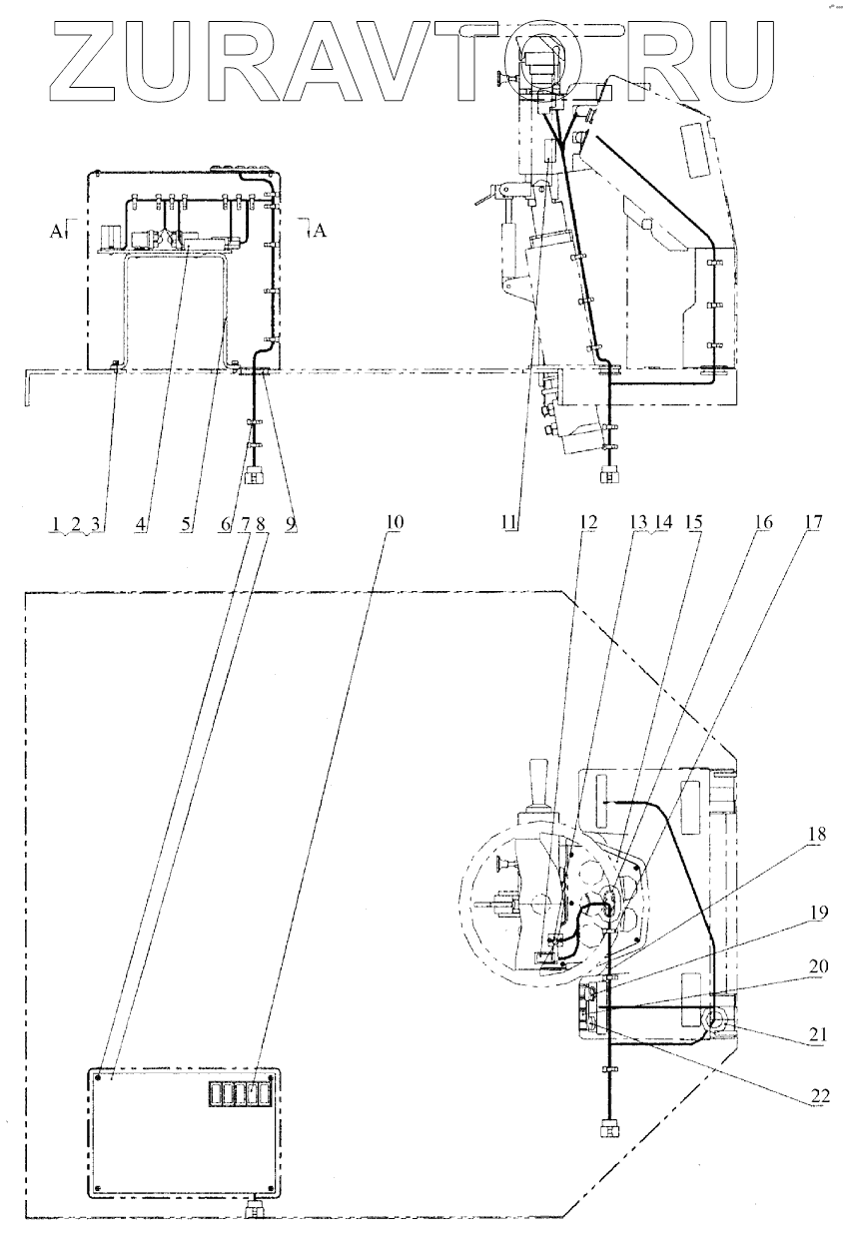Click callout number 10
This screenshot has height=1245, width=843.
(x=394, y=523)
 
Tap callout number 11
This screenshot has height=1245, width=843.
(x=508, y=523)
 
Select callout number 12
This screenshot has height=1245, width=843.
(x=587, y=522)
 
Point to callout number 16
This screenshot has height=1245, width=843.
(x=763, y=522)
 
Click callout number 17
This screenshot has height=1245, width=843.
(x=812, y=522)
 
